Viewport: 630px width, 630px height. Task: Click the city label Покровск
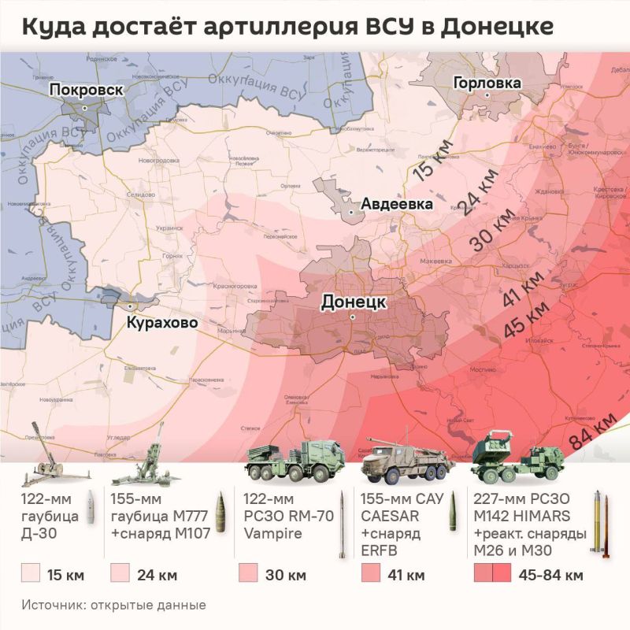coord(86,91)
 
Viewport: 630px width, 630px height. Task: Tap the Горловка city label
coord(487,83)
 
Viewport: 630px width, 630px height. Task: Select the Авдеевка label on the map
coord(397,205)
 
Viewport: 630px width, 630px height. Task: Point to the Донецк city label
coord(353,302)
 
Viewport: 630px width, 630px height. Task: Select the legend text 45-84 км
coord(551,575)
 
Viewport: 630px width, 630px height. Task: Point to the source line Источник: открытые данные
coord(113,606)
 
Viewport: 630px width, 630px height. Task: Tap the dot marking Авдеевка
coord(351,212)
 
